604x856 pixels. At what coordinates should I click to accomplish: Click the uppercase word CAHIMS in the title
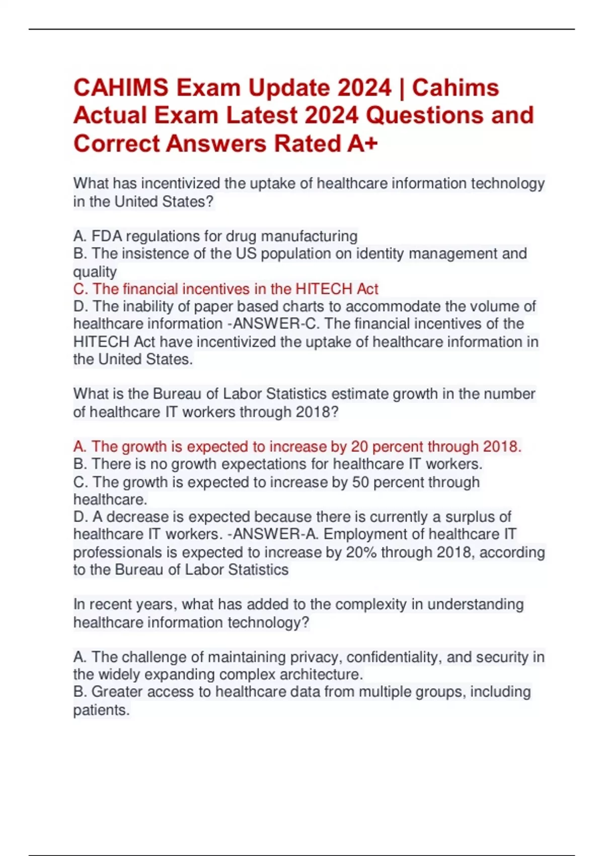[121, 88]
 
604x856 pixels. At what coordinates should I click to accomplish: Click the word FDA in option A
[107, 236]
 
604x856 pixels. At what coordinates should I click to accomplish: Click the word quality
[95, 272]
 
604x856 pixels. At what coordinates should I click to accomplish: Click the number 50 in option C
[360, 482]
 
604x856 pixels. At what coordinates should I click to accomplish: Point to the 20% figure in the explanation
[361, 552]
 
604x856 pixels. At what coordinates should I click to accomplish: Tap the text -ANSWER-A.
[273, 534]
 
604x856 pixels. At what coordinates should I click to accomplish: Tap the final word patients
[101, 710]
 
